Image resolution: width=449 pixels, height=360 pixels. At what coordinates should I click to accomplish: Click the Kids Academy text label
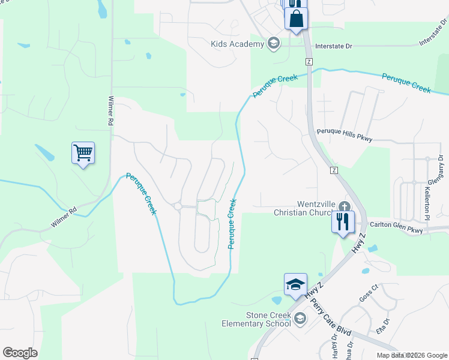[237, 44]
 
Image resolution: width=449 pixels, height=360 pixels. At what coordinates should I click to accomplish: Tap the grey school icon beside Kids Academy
[274, 43]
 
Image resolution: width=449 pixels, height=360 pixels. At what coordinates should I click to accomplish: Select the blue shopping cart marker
[83, 153]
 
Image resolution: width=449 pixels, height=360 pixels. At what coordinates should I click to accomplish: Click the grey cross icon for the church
[343, 205]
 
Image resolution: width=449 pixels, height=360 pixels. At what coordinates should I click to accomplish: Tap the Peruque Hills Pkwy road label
[345, 135]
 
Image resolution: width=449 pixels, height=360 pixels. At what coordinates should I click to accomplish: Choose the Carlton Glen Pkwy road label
[397, 225]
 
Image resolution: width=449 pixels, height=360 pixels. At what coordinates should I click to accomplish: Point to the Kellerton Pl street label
[427, 202]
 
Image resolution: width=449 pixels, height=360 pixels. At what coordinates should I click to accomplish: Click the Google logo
[20, 352]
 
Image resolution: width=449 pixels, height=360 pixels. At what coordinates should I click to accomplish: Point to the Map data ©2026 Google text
[412, 355]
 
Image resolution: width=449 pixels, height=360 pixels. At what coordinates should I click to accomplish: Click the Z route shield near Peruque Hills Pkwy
[334, 170]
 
